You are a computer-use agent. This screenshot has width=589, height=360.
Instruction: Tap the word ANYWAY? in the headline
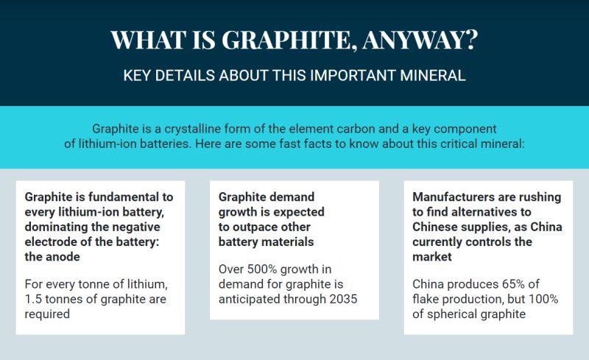click(420, 39)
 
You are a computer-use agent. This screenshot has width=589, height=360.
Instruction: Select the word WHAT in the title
click(149, 39)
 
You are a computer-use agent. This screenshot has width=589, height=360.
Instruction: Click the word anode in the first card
click(63, 257)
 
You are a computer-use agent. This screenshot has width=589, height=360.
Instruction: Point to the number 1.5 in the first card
click(33, 299)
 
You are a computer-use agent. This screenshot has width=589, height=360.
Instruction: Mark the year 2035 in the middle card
click(343, 299)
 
